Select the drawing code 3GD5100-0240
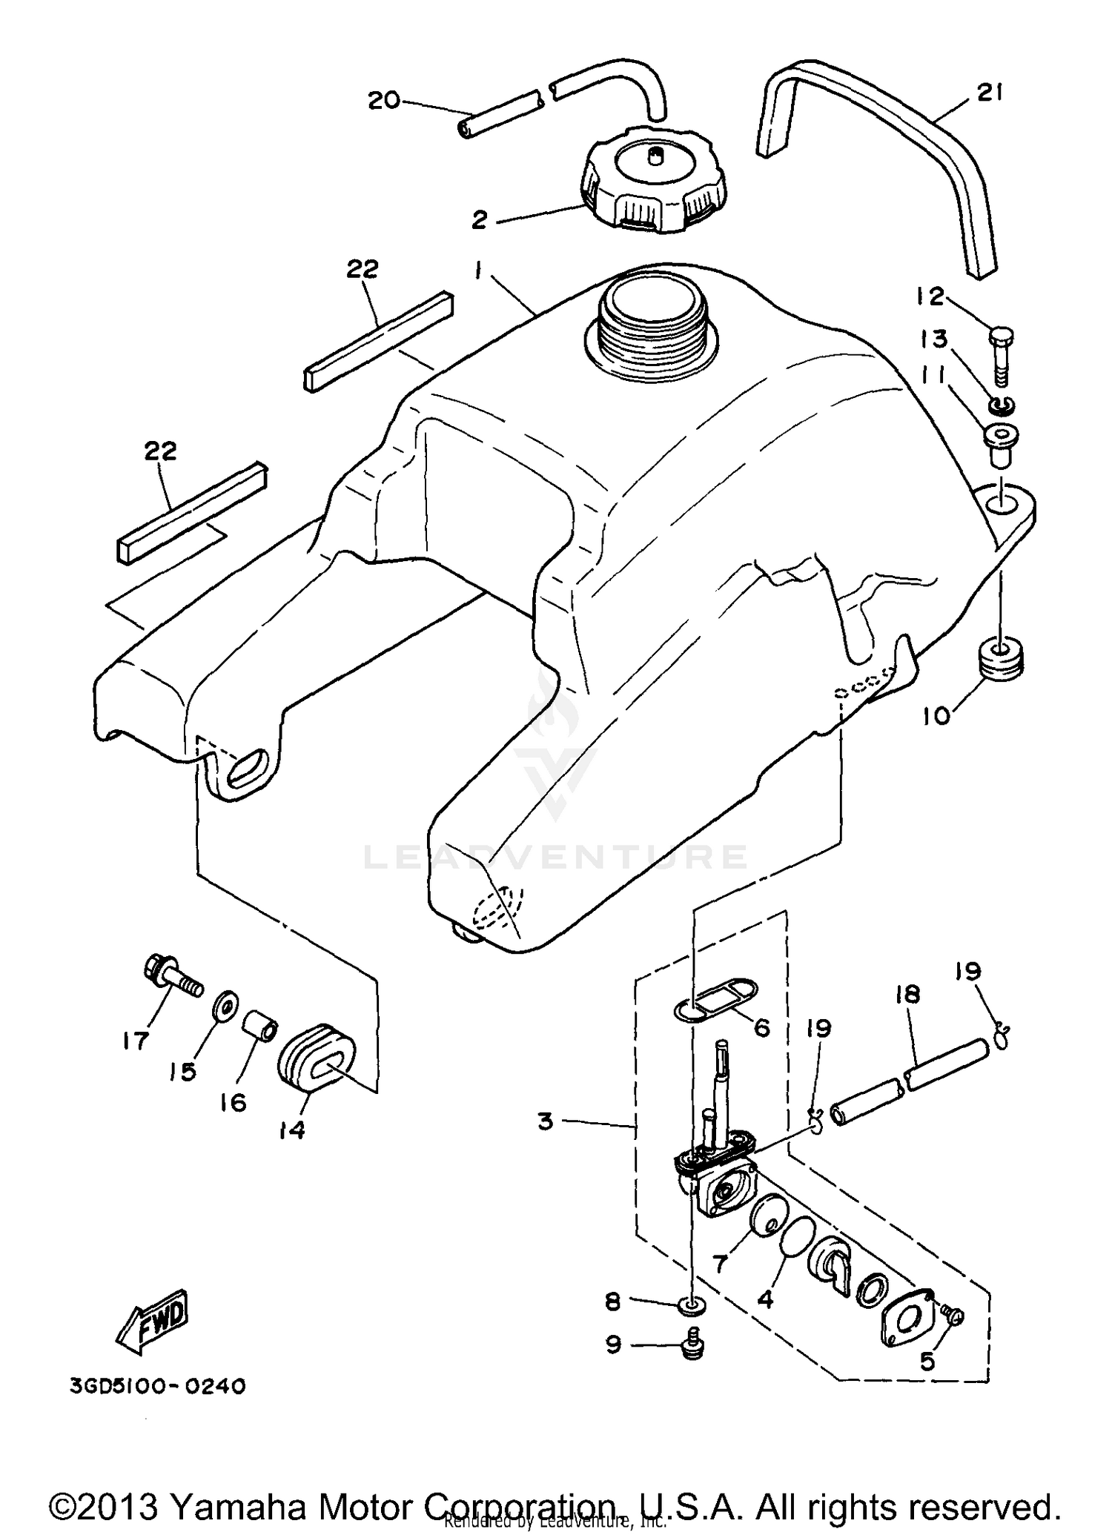click(157, 1386)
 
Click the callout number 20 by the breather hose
click(384, 100)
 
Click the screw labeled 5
click(953, 1315)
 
